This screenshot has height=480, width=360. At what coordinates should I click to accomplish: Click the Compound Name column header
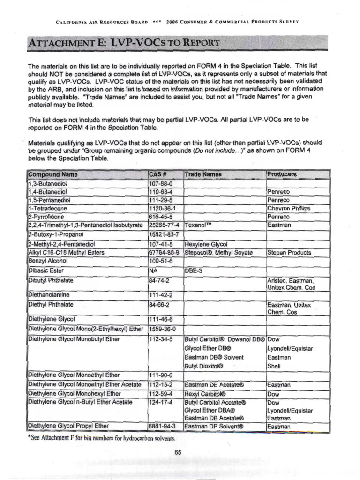[x=53, y=174]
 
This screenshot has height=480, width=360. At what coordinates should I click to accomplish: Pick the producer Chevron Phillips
[x=289, y=208]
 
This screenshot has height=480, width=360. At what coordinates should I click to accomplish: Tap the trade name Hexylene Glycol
[x=206, y=244]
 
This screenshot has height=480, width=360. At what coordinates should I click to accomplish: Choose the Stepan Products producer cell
[x=289, y=253]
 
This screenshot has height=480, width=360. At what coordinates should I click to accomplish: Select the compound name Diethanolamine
[x=49, y=295]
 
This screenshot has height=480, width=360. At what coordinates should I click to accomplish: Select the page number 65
[x=178, y=452]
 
